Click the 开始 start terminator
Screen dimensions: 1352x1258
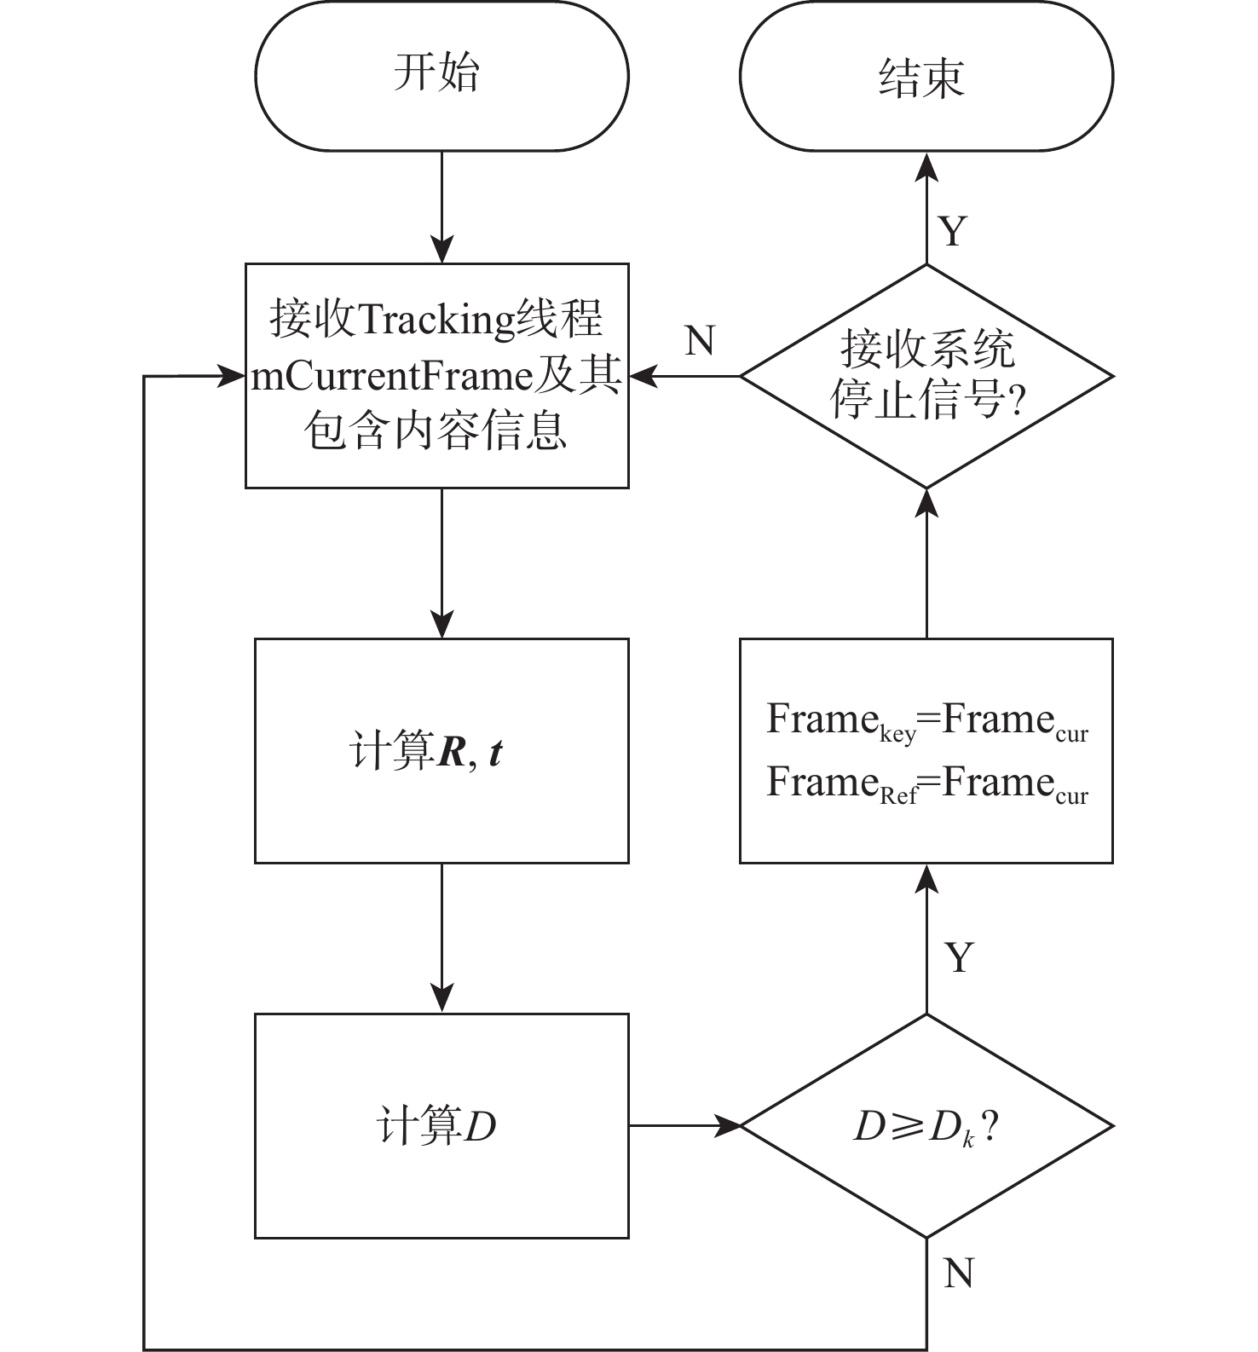tap(441, 75)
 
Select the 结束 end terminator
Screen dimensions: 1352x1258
tap(926, 77)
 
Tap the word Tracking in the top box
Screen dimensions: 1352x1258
tap(436, 320)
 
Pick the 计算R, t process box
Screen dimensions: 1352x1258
tap(441, 751)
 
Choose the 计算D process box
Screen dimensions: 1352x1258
tap(441, 1126)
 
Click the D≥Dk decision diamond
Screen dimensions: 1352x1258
tap(926, 1126)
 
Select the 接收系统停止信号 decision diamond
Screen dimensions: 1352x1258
tap(926, 376)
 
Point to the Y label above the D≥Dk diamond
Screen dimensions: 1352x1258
tap(959, 958)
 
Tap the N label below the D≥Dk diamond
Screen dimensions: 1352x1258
tap(959, 1274)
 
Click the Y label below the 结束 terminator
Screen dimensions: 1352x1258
tap(954, 231)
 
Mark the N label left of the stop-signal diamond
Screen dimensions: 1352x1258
tap(700, 341)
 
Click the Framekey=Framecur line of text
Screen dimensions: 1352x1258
tap(927, 721)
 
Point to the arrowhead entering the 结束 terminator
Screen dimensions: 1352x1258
tap(926, 167)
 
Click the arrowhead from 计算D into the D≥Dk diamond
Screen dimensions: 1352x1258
tap(730, 1126)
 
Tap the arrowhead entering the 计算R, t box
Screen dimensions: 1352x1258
tap(441, 625)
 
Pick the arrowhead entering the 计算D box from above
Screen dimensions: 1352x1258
tap(441, 999)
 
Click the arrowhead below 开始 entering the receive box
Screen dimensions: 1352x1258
tap(441, 250)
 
